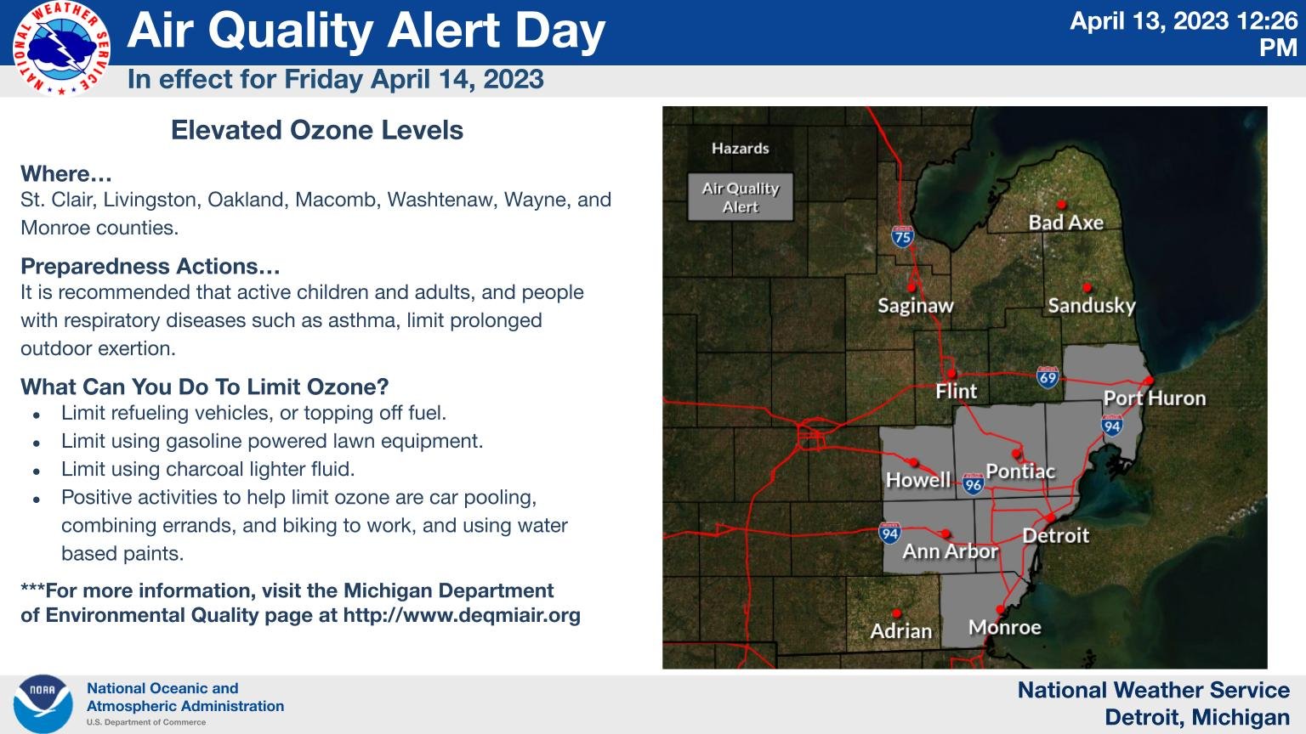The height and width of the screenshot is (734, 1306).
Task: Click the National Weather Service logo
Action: click(x=61, y=48)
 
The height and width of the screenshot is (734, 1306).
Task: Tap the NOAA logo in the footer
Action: click(x=43, y=704)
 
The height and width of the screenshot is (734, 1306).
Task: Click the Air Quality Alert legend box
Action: click(x=740, y=197)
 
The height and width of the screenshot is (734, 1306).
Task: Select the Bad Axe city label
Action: click(x=1065, y=223)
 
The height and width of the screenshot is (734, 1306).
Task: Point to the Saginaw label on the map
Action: click(x=915, y=306)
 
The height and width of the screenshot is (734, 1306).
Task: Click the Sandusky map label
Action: click(x=1091, y=305)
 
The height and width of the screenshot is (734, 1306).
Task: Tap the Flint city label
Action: click(x=956, y=392)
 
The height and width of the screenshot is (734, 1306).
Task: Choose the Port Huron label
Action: click(x=1154, y=398)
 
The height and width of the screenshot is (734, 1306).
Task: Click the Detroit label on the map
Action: click(x=1055, y=535)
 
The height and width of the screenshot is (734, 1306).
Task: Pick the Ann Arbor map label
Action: click(x=949, y=551)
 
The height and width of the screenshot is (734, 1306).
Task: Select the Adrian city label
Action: click(x=900, y=631)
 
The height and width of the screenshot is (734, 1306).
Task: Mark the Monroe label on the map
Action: click(x=1004, y=628)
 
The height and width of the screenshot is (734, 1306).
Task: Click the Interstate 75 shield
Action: click(x=902, y=236)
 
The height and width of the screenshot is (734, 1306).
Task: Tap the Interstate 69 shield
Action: click(x=1048, y=377)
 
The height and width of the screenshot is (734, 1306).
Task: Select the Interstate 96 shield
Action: click(x=974, y=484)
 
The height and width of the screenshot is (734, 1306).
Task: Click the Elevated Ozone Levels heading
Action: click(x=316, y=130)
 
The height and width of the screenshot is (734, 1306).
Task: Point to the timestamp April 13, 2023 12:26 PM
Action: click(x=1184, y=33)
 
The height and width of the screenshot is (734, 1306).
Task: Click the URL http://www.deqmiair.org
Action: click(x=462, y=615)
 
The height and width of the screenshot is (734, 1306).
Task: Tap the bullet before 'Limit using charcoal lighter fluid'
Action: click(x=36, y=470)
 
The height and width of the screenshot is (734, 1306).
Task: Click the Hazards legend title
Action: click(x=740, y=149)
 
